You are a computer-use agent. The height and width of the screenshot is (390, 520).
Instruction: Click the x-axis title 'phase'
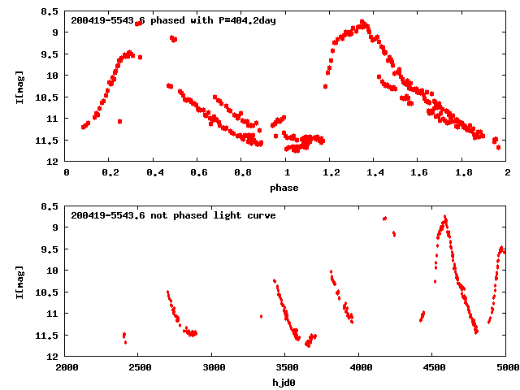(284, 188)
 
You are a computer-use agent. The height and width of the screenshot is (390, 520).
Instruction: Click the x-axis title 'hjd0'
(284, 383)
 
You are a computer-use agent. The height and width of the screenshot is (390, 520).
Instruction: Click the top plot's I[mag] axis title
(19, 87)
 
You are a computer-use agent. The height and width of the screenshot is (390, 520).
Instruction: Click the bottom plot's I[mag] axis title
(19, 282)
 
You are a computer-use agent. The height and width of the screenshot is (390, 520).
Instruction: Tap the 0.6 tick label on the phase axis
(198, 173)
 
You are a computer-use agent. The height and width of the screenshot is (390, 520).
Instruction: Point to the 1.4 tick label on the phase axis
(375, 173)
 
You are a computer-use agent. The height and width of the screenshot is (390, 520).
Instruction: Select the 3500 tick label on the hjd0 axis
(285, 368)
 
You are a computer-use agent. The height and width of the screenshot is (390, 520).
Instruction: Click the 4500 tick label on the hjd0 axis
(431, 368)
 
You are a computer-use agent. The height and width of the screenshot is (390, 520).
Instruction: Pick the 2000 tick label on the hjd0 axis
(67, 368)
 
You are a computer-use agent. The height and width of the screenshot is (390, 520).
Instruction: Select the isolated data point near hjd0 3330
(261, 316)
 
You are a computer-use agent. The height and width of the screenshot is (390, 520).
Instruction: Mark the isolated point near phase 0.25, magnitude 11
(119, 121)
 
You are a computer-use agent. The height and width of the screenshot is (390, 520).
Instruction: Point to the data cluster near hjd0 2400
(124, 336)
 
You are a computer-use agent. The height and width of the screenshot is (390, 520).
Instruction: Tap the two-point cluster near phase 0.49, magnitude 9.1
(173, 38)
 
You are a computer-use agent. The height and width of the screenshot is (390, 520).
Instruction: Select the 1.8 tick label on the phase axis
(463, 173)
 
